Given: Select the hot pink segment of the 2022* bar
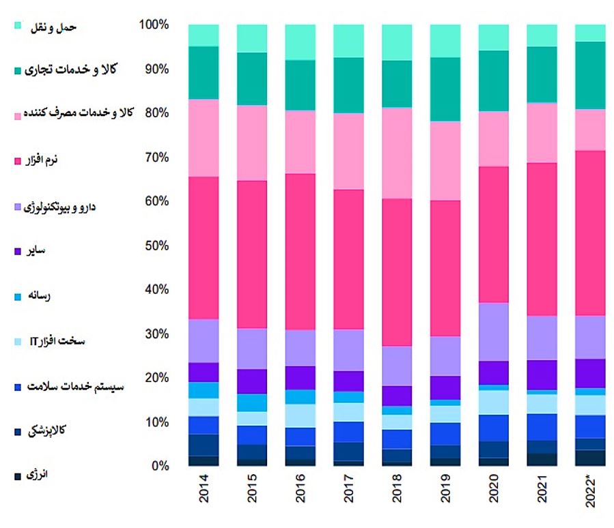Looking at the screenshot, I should pos(590,232).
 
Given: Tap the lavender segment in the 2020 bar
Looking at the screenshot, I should pos(494,331).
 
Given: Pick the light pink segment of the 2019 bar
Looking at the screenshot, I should pos(446,160).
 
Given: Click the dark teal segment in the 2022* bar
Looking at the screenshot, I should pos(590,75).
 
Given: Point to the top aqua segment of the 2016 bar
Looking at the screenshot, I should pos(301,42).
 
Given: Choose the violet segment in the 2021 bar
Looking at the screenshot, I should pos(542,375).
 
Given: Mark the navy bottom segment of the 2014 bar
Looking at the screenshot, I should pos(204,460).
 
